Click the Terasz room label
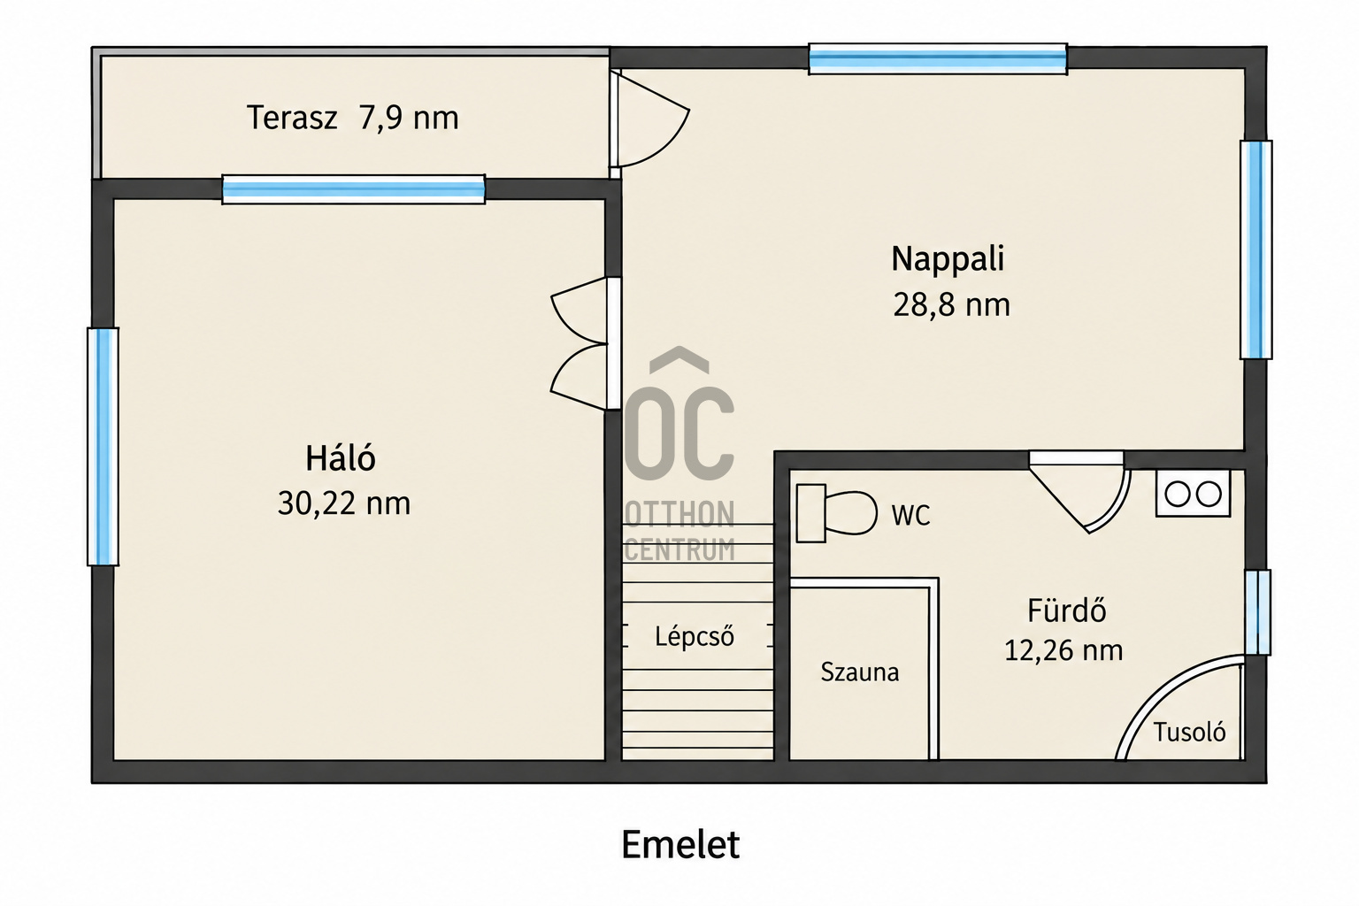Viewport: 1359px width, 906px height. pyautogui.click(x=292, y=118)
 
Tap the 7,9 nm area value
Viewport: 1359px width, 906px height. pyautogui.click(x=408, y=118)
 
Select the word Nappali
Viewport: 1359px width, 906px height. pyautogui.click(x=948, y=260)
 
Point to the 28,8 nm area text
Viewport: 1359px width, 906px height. pyautogui.click(x=951, y=304)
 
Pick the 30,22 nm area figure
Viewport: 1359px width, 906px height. pyautogui.click(x=344, y=503)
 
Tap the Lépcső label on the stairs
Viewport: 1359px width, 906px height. pyautogui.click(x=695, y=636)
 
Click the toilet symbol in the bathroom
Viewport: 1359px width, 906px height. pyautogui.click(x=836, y=513)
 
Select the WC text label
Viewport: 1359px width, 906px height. pyautogui.click(x=910, y=515)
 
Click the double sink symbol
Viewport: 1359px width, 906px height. pyautogui.click(x=1193, y=494)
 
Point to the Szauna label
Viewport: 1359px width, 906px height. pyautogui.click(x=860, y=672)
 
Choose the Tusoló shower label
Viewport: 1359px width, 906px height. pyautogui.click(x=1189, y=733)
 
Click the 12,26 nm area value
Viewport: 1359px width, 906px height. pyautogui.click(x=1063, y=651)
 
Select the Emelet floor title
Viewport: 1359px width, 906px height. pyautogui.click(x=680, y=844)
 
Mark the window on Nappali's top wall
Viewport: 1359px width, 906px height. pyautogui.click(x=938, y=59)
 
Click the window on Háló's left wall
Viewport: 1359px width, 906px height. pyautogui.click(x=104, y=447)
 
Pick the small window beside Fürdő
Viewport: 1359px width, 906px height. pyautogui.click(x=1258, y=612)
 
